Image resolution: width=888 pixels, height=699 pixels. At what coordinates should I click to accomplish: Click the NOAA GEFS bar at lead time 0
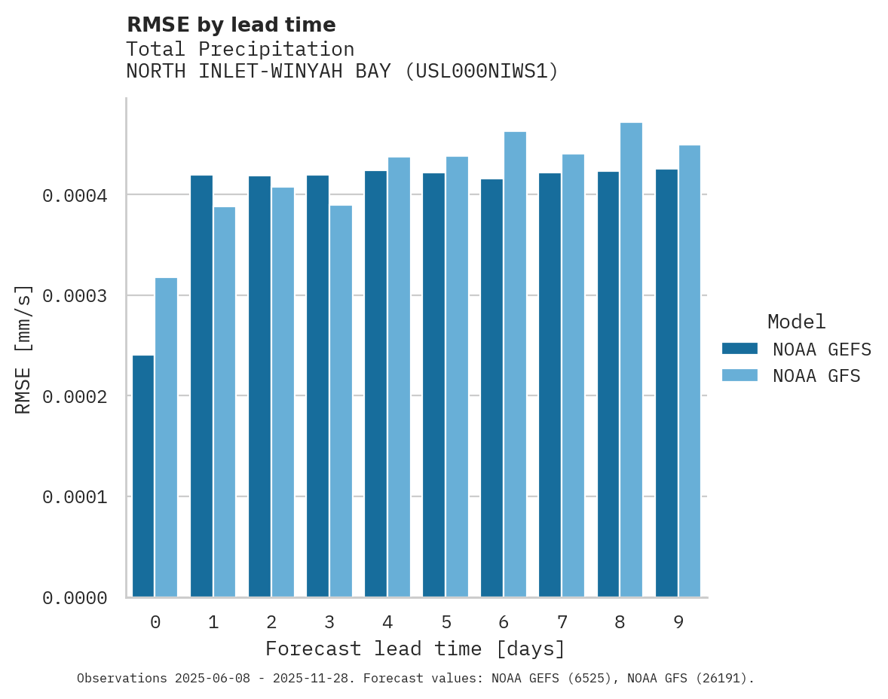[143, 476]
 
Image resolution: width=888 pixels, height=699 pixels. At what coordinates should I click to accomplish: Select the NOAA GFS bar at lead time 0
[167, 438]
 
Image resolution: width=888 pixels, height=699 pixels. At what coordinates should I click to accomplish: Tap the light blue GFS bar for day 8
[632, 360]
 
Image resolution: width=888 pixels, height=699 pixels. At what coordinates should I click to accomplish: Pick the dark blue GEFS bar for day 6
[492, 388]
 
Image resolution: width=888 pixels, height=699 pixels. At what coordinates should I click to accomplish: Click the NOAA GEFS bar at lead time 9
[666, 383]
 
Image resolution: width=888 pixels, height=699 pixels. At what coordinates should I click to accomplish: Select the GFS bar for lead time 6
[516, 365]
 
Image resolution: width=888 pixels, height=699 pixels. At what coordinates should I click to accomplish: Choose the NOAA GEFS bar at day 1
[201, 386]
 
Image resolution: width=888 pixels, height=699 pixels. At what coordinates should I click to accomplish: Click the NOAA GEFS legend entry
[796, 349]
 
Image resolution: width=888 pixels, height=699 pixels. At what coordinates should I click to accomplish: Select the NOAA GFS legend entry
[791, 376]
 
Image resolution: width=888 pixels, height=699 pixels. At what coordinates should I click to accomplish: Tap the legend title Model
[796, 322]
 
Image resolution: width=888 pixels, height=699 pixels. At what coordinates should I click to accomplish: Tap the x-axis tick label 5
[446, 622]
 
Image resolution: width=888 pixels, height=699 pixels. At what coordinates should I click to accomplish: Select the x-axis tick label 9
[678, 622]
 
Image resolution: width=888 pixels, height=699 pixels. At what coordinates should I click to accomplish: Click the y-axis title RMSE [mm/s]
[24, 349]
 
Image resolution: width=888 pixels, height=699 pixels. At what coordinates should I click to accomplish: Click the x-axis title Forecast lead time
[415, 649]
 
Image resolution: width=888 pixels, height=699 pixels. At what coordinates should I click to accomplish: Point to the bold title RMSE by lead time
[231, 25]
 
